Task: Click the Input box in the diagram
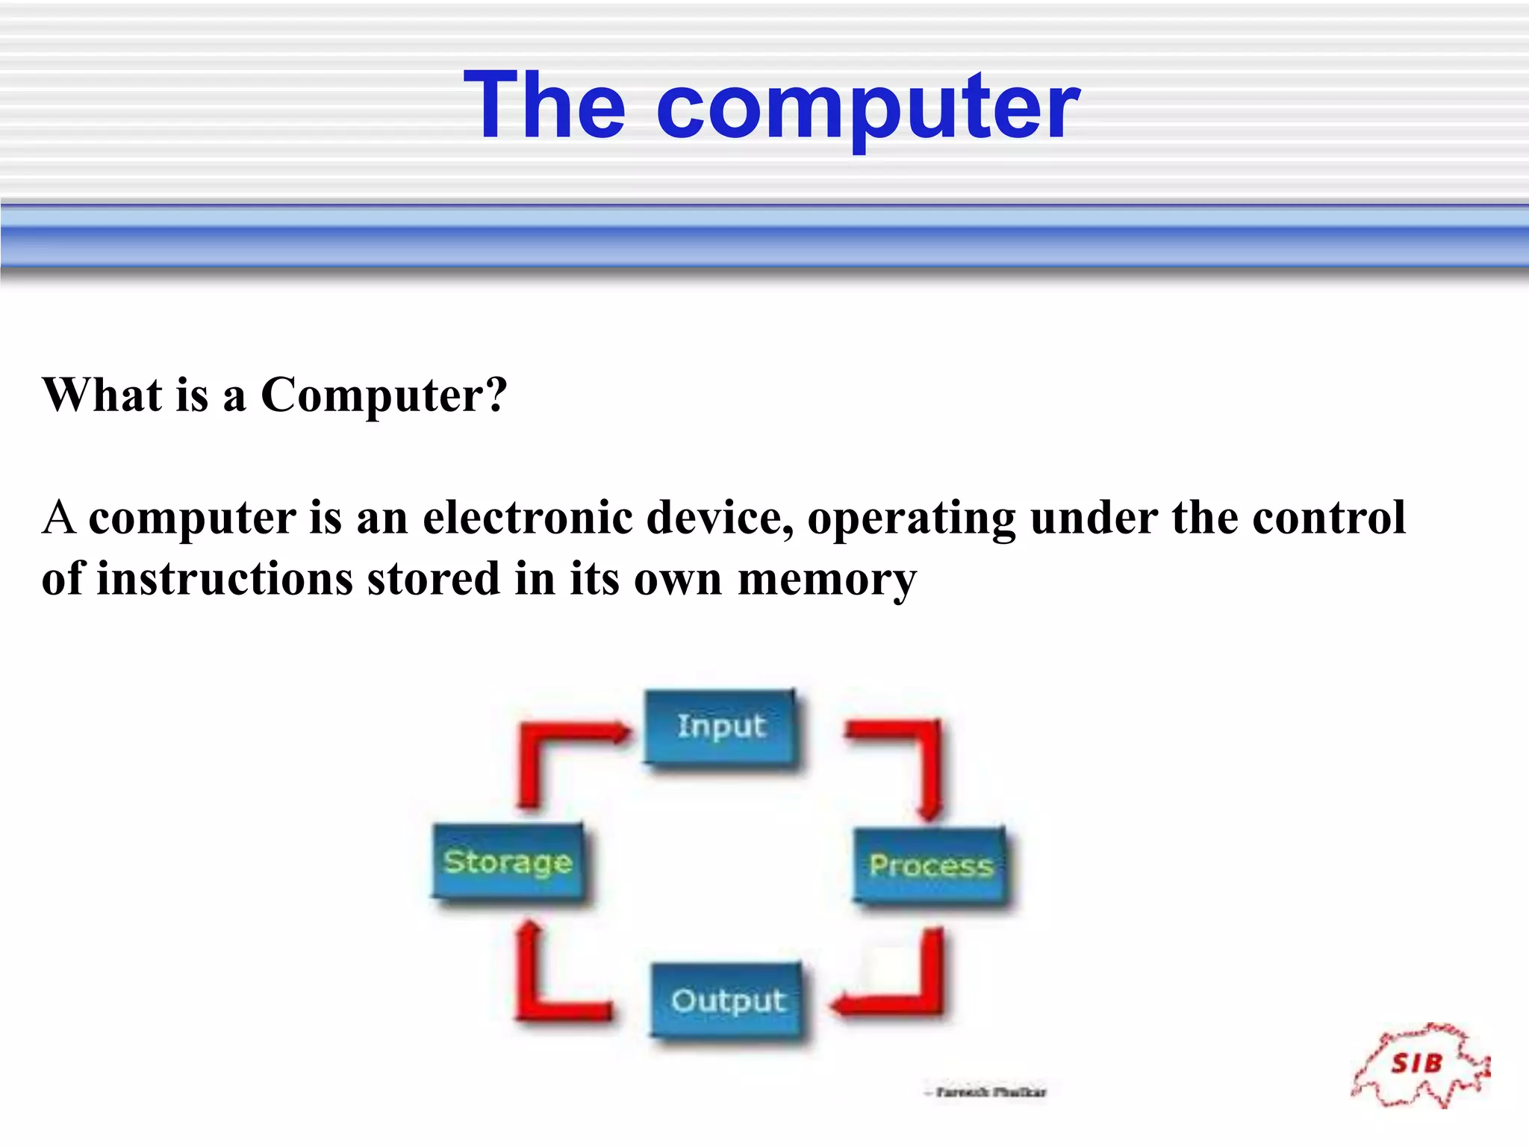[x=720, y=727]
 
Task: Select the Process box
[x=930, y=865]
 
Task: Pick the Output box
[x=728, y=1001]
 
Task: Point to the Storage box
[x=508, y=862]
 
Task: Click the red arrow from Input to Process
[x=926, y=761]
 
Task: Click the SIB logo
[x=1419, y=1065]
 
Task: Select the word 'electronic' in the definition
[x=527, y=518]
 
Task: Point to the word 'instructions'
[x=225, y=579]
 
